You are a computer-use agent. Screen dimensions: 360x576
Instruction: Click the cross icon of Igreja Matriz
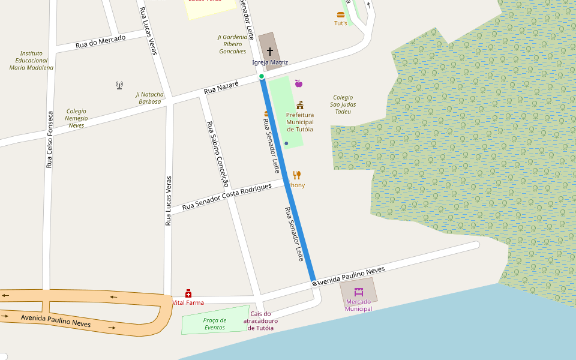point(270,52)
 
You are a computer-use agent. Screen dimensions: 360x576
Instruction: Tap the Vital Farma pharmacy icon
point(188,293)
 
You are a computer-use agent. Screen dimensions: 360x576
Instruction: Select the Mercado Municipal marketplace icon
point(359,292)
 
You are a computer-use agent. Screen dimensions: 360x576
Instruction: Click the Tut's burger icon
point(341,14)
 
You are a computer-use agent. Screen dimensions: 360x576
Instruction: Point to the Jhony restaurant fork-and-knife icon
point(297,175)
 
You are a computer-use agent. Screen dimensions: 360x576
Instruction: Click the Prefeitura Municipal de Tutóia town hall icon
point(300,105)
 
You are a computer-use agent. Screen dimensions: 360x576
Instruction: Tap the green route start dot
point(262,76)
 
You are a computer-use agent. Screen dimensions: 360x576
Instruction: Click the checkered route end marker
point(314,283)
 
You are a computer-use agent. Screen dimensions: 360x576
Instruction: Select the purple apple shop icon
point(298,83)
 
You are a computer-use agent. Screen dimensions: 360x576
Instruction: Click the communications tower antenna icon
point(119,85)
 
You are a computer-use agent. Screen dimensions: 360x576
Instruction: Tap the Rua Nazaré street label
point(221,88)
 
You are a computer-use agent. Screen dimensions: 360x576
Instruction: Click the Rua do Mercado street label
point(100,42)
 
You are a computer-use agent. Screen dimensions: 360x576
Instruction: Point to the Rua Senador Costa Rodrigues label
point(227,196)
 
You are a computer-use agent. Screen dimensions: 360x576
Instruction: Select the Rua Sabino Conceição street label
point(218,154)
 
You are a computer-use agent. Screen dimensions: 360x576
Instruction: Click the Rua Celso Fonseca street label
point(50,139)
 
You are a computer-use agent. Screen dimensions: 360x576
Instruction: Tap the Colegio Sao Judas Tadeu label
point(343,104)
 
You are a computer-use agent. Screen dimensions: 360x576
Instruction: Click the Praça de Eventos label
point(215,323)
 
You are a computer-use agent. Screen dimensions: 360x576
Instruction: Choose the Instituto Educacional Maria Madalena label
point(31,61)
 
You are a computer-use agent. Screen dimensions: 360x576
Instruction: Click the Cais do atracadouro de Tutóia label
point(260,321)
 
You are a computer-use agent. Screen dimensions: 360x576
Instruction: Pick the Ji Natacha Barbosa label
point(149,98)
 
